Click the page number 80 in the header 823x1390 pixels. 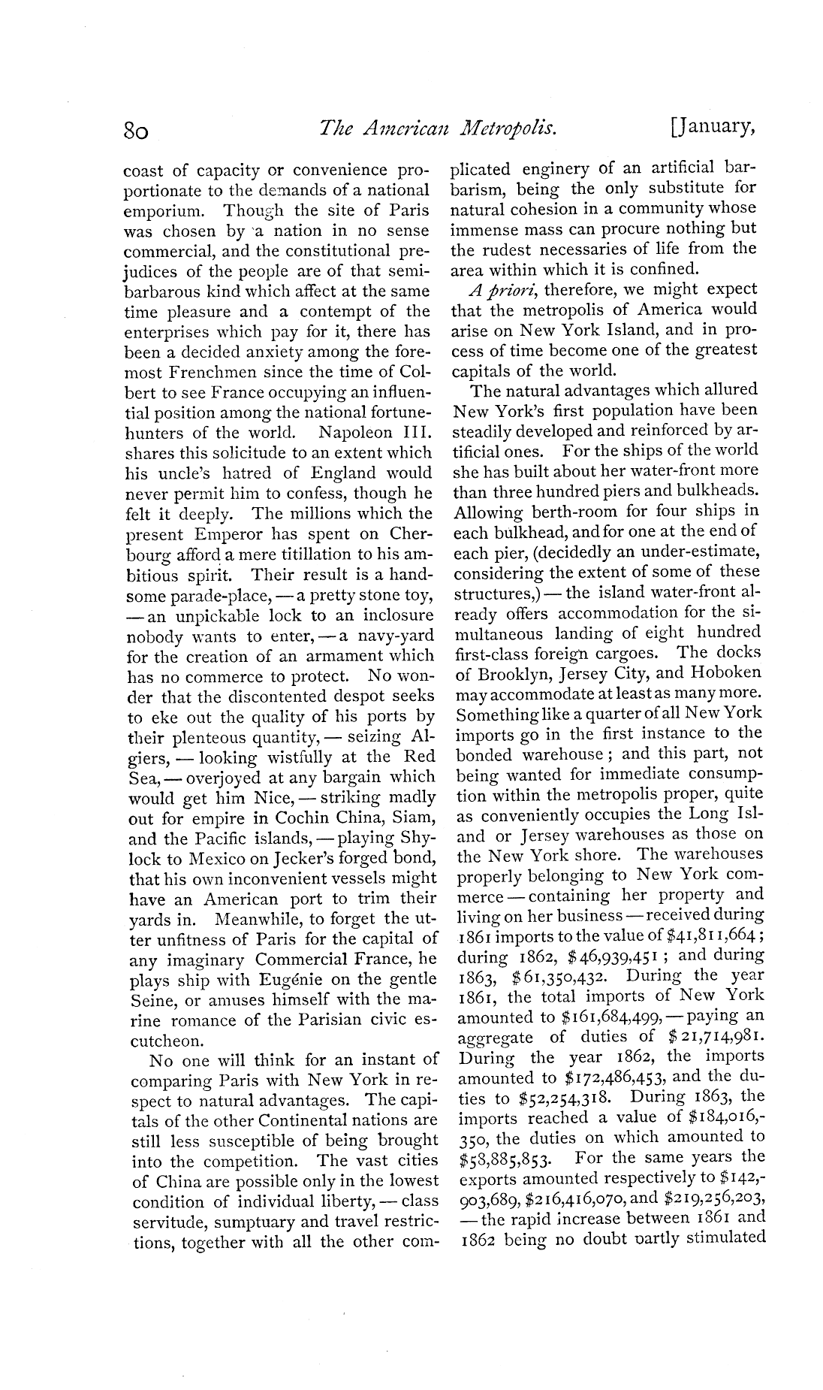(x=139, y=132)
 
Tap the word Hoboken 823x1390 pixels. (x=719, y=672)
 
